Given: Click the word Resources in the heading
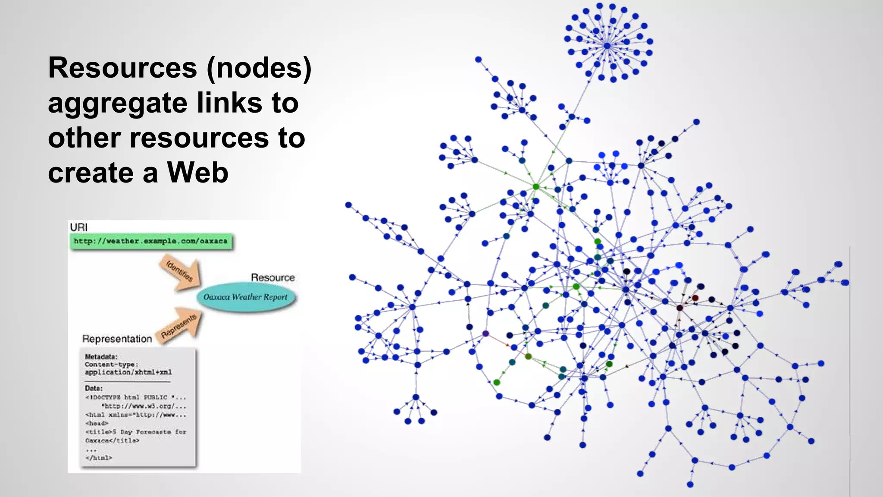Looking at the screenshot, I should pos(122,68).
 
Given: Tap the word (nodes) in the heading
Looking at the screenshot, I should pos(259,68).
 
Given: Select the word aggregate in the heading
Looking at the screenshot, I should pos(118,104).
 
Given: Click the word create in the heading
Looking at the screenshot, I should pos(91,173).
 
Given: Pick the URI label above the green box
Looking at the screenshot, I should pos(78,227).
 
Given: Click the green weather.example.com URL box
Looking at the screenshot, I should pos(151,241).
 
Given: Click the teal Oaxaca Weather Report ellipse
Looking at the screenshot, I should pos(245,297).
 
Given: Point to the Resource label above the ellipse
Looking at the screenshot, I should pos(273,277).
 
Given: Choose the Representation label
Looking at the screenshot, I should pos(117,339).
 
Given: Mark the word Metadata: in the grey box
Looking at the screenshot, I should pos(101,357).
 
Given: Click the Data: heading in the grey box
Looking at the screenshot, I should pos(94,388).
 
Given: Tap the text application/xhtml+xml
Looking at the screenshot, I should pos(128,372).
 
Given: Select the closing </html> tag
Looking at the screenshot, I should pos(99,458).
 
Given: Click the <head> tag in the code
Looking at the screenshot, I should pos(97,423).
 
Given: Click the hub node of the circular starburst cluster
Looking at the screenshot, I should pos(607,45).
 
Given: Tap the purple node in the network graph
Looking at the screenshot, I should pos(485,333).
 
